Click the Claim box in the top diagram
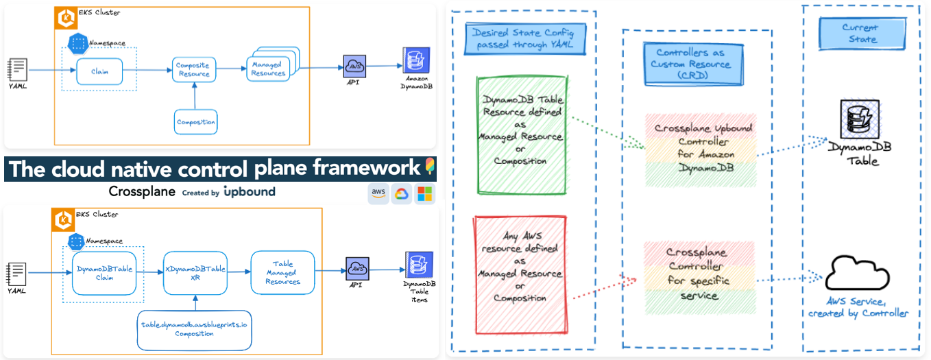pos(99,71)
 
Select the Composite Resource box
pos(194,70)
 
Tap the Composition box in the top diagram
pos(196,122)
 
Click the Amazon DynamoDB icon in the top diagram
pos(416,61)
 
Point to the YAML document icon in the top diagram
pos(17,69)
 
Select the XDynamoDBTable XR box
pos(195,274)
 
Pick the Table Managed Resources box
pos(282,273)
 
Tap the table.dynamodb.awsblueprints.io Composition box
pos(195,329)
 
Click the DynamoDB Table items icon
pos(420,265)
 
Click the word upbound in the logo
pos(249,192)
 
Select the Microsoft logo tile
pos(425,194)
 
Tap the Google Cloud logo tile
pos(402,194)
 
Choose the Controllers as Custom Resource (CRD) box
pos(693,64)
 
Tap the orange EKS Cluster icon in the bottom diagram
pos(64,219)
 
